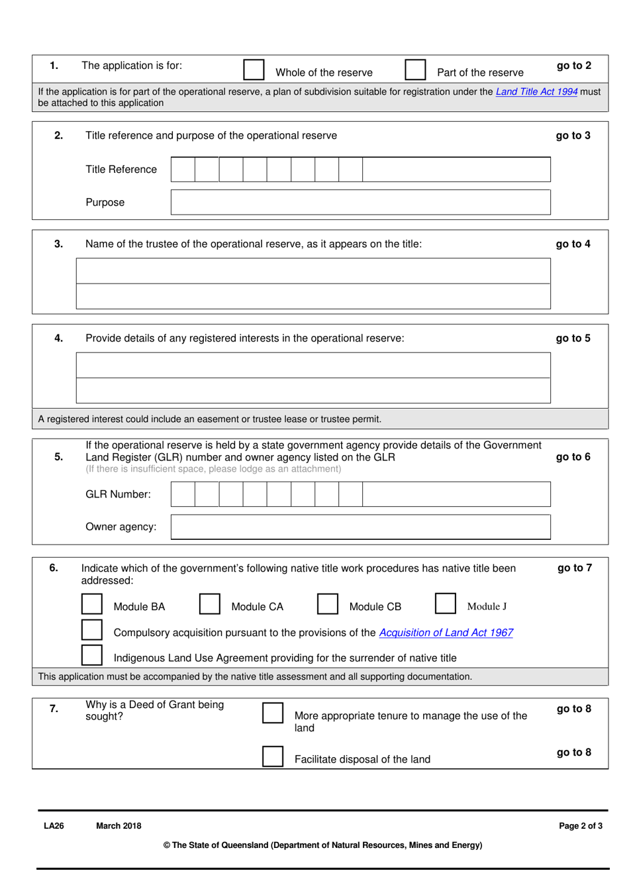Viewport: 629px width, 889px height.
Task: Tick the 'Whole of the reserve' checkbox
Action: [254, 70]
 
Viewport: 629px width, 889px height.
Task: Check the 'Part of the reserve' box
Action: [415, 70]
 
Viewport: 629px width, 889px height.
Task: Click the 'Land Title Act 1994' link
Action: [536, 91]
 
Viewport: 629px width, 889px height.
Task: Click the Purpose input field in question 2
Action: [360, 202]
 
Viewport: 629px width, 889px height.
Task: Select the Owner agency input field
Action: [360, 527]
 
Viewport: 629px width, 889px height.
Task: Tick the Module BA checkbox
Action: [92, 603]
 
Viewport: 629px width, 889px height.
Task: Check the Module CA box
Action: [209, 603]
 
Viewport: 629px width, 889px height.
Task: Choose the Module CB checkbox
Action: [327, 603]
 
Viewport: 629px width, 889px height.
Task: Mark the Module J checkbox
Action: [445, 603]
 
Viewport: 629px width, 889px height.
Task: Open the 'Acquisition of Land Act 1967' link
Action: [446, 633]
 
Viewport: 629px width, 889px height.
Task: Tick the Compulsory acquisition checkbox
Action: [92, 629]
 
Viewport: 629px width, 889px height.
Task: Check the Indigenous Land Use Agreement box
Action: [92, 654]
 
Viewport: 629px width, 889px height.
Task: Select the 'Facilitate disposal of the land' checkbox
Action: [273, 756]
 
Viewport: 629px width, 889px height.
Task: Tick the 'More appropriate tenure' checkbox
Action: [273, 713]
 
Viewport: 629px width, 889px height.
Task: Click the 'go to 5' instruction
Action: [573, 338]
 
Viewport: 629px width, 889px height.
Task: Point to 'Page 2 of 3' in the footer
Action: [581, 825]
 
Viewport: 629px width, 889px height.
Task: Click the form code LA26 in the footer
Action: [54, 825]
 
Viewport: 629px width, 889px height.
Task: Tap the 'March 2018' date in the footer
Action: [119, 825]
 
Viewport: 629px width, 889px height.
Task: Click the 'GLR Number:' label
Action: [118, 494]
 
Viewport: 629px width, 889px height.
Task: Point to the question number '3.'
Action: [58, 244]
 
